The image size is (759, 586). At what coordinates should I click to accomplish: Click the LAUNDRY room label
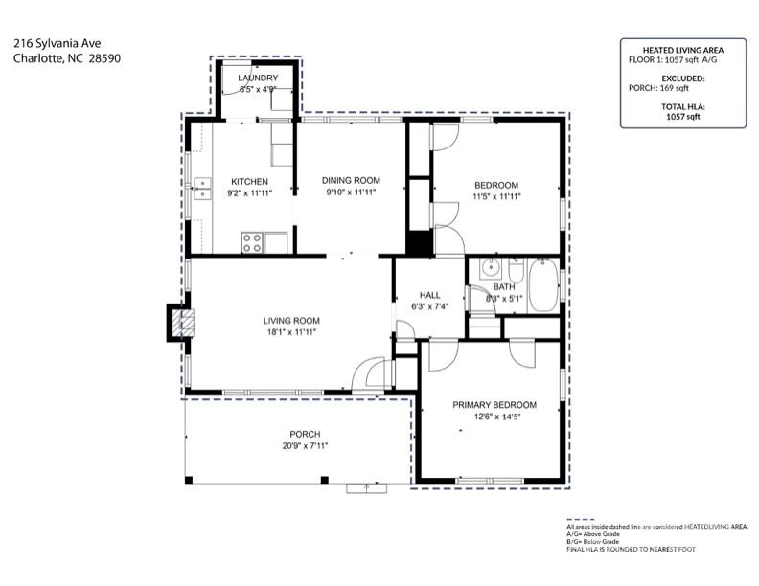(257, 78)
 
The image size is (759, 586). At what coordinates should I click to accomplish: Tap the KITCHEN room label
(249, 181)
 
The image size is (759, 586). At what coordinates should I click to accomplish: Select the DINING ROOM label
(351, 180)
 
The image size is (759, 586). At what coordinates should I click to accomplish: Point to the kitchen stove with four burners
(253, 243)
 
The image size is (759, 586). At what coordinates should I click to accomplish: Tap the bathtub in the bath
(542, 284)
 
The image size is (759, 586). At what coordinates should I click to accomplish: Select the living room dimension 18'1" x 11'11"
(291, 332)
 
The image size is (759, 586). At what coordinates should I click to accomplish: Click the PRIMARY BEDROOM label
(494, 405)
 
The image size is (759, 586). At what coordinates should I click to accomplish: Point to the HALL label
(429, 295)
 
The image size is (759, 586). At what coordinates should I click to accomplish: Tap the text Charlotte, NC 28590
(67, 57)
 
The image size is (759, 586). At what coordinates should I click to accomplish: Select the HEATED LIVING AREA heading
(682, 49)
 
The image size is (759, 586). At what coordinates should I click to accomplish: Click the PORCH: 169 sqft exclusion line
(682, 88)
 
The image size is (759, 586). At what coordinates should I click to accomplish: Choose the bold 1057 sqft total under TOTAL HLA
(682, 116)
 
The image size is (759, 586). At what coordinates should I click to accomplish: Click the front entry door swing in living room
(369, 376)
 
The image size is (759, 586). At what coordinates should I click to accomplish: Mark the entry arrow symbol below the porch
(365, 487)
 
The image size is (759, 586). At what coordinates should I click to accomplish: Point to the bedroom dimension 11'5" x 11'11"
(495, 196)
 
